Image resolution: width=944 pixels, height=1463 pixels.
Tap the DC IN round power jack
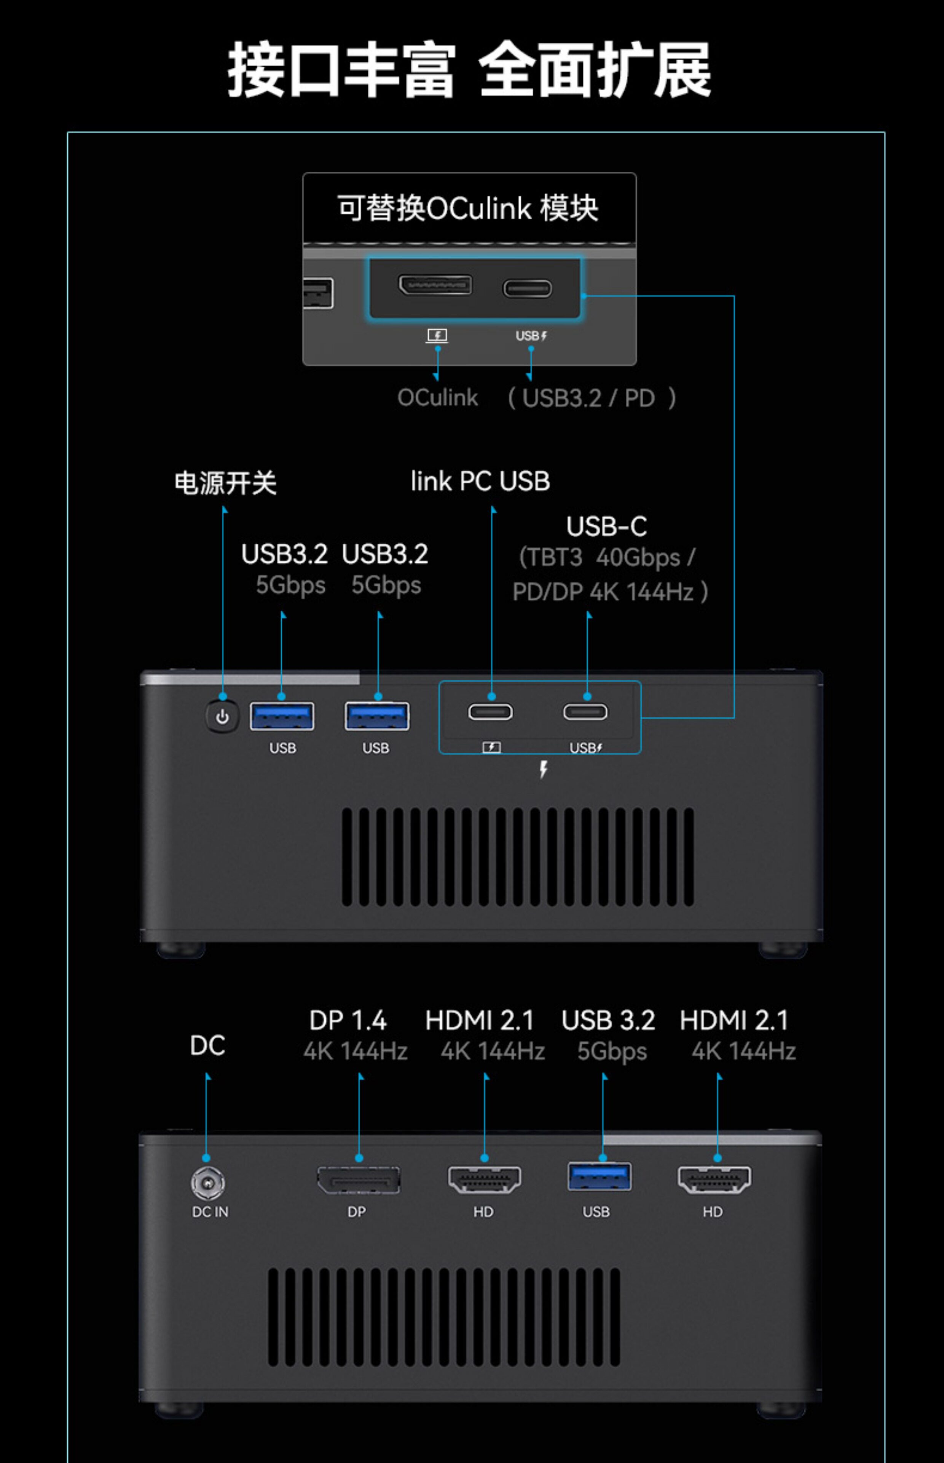point(208,1183)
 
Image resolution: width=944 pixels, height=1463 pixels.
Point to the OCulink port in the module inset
point(435,285)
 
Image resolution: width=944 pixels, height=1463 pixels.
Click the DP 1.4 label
point(348,1021)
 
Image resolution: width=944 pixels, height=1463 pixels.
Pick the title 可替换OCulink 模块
point(468,208)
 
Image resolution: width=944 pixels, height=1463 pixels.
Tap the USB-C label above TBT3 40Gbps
point(606,526)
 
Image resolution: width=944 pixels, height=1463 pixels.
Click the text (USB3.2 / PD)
point(592,398)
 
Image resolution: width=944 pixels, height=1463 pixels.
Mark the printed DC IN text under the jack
point(210,1212)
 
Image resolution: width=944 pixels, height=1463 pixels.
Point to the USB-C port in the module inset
point(527,288)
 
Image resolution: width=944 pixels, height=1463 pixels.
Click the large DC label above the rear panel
point(207,1046)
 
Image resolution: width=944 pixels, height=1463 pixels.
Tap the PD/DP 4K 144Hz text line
point(610,592)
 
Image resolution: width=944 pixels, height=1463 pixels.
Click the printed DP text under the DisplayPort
point(357,1212)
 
